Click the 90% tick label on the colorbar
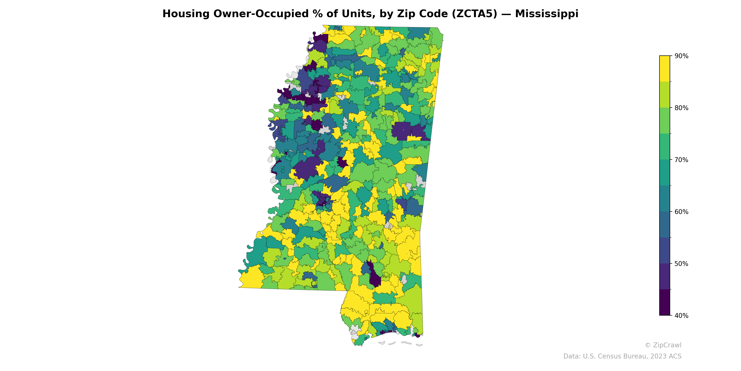click(x=681, y=56)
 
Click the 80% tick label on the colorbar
click(x=681, y=108)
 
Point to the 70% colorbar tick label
click(x=681, y=160)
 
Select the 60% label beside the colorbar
click(x=681, y=212)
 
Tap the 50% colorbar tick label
click(x=681, y=264)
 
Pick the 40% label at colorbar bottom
click(x=681, y=315)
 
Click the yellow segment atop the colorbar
click(x=665, y=69)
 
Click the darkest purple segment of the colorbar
click(x=665, y=302)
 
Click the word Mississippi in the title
click(x=546, y=14)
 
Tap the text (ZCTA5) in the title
click(x=475, y=14)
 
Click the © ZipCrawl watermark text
click(x=663, y=345)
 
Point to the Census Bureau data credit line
click(x=622, y=356)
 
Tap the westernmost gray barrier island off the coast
click(x=382, y=343)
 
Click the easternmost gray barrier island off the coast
click(x=419, y=345)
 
